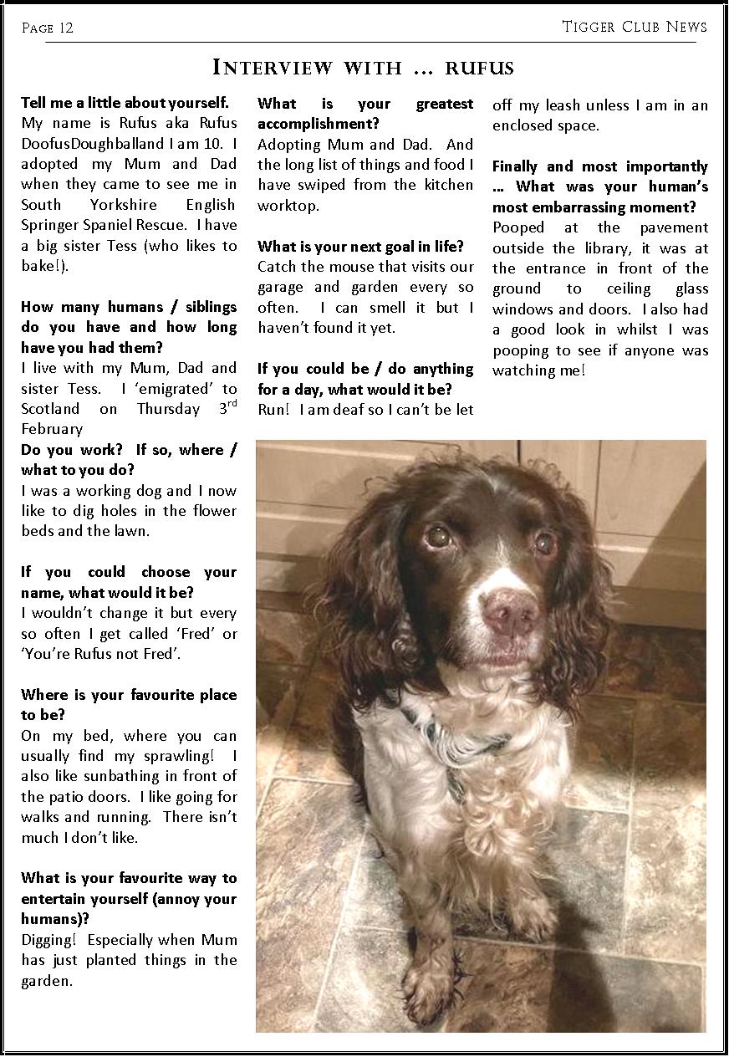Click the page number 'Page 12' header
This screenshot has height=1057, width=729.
click(x=48, y=28)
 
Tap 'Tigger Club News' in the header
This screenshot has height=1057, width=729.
click(x=635, y=27)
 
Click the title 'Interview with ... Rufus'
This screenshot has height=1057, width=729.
click(x=364, y=67)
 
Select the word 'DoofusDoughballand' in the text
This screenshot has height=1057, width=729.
click(x=87, y=144)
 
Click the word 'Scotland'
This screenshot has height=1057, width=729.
click(x=50, y=410)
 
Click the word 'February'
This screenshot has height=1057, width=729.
click(x=52, y=430)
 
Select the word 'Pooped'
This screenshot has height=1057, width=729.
click(x=518, y=227)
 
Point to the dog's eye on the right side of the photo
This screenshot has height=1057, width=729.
click(x=545, y=544)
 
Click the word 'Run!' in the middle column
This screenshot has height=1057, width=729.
click(x=274, y=410)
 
